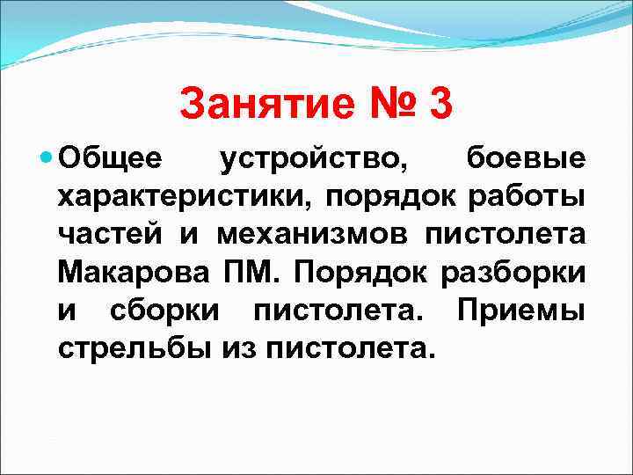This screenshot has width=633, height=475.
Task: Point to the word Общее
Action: [110, 160]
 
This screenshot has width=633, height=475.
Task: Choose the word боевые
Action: [525, 160]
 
